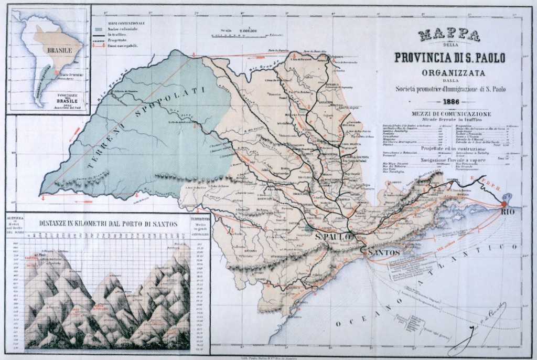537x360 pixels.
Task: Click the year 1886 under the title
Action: pos(449,102)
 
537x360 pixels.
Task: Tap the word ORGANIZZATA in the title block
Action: pos(449,72)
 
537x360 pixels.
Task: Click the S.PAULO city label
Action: pos(333,239)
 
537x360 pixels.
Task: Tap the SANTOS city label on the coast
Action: pos(384,253)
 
